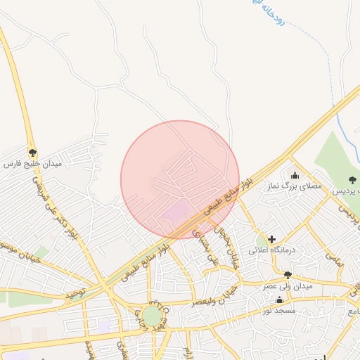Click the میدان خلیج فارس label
tap(33, 164)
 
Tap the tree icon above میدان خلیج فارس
tap(32, 152)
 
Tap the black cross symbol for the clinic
tap(271, 239)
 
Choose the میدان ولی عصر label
tap(287, 286)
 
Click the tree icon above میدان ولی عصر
tap(288, 275)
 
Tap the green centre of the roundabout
tap(152, 316)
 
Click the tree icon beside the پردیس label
tap(352, 181)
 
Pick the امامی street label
tap(335, 258)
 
